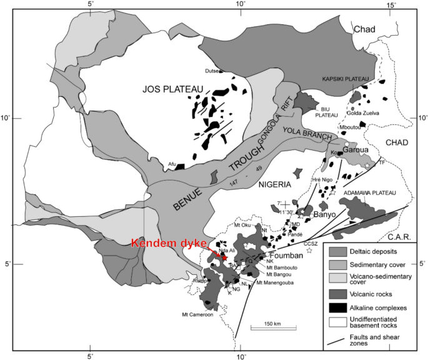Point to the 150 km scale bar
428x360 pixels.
click(269, 327)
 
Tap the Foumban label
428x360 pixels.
click(286, 256)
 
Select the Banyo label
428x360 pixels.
click(324, 214)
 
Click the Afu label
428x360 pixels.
click(171, 164)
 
